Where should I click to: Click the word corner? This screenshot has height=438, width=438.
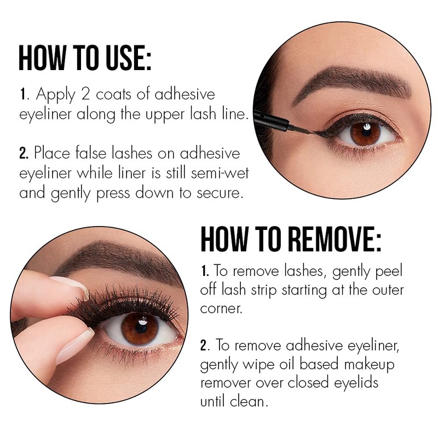[221, 309]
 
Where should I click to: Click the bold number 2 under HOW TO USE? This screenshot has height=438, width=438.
[24, 153]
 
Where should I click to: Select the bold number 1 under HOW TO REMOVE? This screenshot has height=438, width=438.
[205, 270]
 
